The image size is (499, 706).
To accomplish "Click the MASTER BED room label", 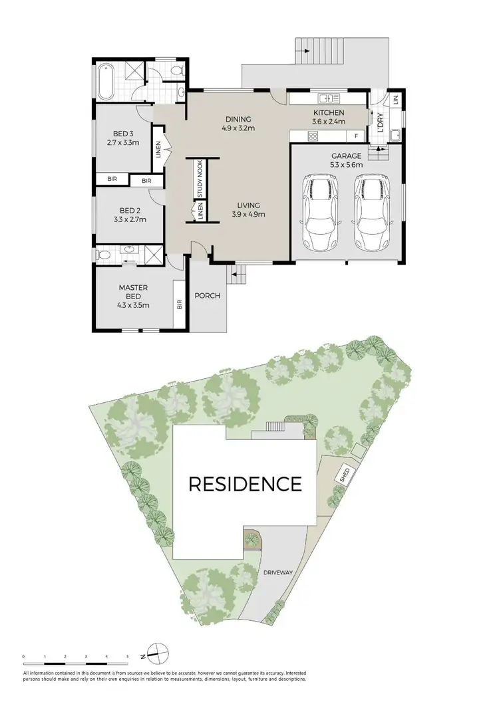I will tap(133, 288).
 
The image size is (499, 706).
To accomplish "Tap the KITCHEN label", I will tap(329, 113).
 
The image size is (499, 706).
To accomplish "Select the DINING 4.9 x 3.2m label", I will tap(238, 124).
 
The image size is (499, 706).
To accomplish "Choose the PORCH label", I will tap(207, 296).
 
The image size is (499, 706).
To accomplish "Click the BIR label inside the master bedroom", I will tap(179, 305).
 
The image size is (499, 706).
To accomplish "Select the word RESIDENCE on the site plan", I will tap(245, 483).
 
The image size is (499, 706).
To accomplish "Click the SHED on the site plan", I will tap(344, 475).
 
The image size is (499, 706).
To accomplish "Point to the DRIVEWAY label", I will tap(277, 572).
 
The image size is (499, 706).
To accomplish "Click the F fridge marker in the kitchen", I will tap(357, 136).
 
